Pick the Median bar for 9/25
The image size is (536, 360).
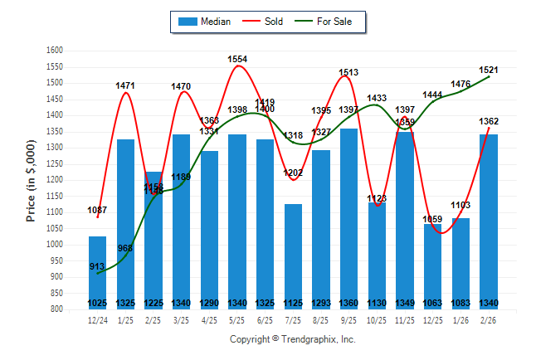[348, 219]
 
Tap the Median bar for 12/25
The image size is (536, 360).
[432, 266]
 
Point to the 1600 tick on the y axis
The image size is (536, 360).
[55, 51]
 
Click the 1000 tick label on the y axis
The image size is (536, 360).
[55, 245]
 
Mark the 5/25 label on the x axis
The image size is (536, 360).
[237, 319]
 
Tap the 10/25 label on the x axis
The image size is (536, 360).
[377, 319]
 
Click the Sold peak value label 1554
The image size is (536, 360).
[237, 59]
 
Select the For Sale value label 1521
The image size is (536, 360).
[488, 70]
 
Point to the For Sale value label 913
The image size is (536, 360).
[98, 266]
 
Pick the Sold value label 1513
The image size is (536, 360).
[348, 72]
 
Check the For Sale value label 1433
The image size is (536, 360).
[377, 98]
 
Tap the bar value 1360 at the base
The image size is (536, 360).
[348, 303]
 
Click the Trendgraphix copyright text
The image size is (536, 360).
[292, 339]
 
